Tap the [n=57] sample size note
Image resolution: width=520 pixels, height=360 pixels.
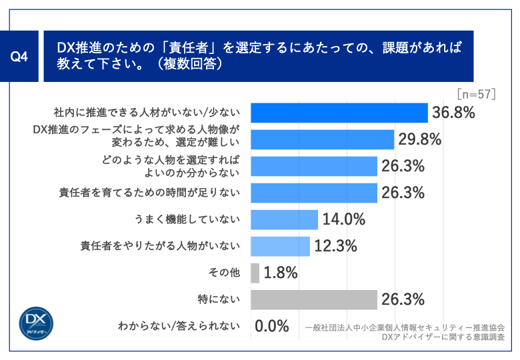pos(477,94)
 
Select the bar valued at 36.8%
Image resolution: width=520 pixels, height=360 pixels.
pos(339,113)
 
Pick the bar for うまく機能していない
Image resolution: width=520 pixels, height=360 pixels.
pos(285,219)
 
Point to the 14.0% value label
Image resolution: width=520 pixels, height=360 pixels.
pos(344,219)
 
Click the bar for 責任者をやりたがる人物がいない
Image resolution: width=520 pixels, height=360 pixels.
pos(281,246)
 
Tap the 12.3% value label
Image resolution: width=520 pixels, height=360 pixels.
pos(336,246)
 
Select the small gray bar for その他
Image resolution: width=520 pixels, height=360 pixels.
pos(255,273)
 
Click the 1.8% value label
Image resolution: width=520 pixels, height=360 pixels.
pos(281,273)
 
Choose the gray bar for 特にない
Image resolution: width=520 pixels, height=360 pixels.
pos(314,299)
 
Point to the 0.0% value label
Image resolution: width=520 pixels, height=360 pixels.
pos(272,326)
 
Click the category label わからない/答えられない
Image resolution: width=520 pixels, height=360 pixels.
pos(178,326)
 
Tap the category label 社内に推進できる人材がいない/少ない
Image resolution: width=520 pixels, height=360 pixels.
pos(147,113)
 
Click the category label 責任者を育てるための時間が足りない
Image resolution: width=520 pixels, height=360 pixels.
pos(149,193)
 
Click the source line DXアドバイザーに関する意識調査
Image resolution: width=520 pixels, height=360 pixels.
pos(443,337)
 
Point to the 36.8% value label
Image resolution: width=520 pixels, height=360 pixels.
pos(453,113)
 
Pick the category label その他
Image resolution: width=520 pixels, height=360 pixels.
pos(227,273)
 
